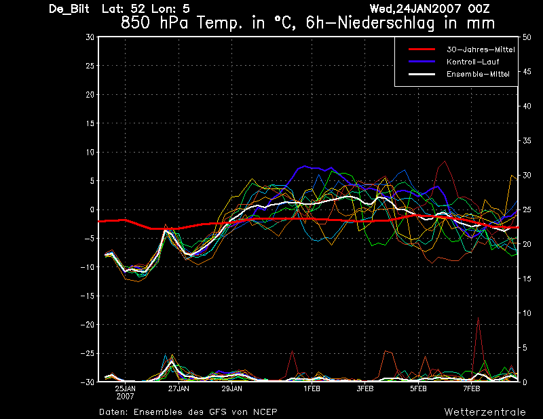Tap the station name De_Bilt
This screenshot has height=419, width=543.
click(x=69, y=9)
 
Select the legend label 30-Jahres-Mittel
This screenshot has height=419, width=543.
click(x=481, y=49)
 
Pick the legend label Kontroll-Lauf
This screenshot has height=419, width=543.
click(x=472, y=62)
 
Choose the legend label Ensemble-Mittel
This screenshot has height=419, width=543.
click(x=478, y=74)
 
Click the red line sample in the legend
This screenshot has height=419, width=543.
click(x=422, y=49)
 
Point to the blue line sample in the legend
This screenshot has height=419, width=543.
click(x=422, y=62)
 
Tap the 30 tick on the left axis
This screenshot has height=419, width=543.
click(x=90, y=37)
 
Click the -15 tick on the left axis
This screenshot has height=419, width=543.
click(x=88, y=296)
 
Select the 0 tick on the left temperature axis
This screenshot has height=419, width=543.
click(x=92, y=209)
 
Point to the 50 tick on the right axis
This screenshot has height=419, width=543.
click(x=527, y=37)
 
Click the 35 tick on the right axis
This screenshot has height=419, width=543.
click(x=527, y=141)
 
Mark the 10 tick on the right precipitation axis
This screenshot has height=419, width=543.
click(x=527, y=313)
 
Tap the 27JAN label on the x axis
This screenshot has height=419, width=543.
click(x=179, y=389)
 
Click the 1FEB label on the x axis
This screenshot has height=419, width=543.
click(x=312, y=389)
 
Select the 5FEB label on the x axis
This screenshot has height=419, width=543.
click(x=418, y=389)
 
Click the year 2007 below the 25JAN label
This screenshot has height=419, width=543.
click(x=126, y=397)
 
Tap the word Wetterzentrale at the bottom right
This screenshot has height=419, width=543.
click(x=485, y=412)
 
